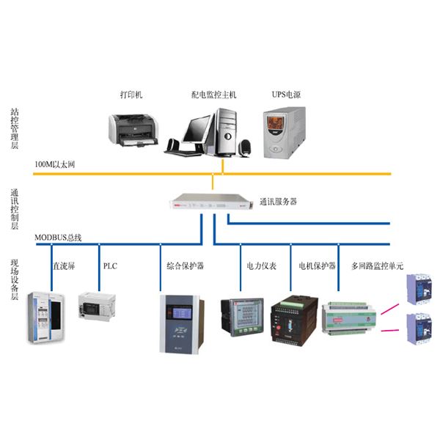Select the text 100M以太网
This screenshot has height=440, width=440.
(x=54, y=166)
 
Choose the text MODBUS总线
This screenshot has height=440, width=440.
(x=58, y=238)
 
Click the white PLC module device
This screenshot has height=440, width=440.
(x=98, y=307)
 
